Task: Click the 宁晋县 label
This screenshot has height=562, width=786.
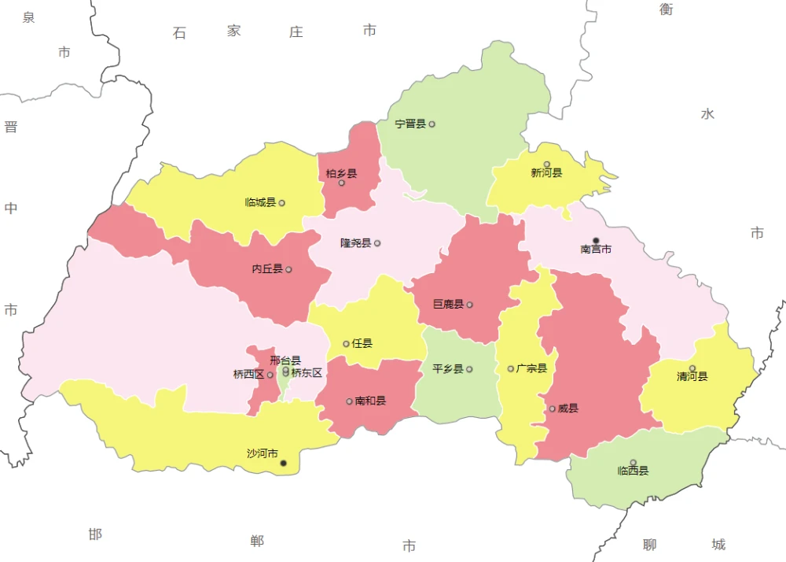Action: tap(410, 124)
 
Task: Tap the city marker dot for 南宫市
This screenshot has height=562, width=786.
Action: tap(596, 240)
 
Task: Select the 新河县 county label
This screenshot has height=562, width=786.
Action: tap(546, 173)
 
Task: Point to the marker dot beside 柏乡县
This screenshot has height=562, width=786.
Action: tap(341, 183)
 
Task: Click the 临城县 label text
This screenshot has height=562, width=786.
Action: tap(260, 203)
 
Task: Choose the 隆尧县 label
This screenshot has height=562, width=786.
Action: tap(355, 243)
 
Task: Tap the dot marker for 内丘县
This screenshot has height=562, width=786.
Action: tap(288, 269)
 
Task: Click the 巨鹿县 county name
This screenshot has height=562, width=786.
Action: tap(448, 305)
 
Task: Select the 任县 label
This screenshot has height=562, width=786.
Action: tap(362, 344)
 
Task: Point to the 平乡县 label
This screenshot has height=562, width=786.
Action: tap(447, 369)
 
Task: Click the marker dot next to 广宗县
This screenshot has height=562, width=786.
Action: tap(510, 368)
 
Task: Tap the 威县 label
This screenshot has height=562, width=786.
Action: tap(568, 409)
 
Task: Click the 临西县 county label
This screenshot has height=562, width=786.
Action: tap(633, 471)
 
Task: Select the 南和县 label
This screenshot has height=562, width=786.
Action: tap(370, 401)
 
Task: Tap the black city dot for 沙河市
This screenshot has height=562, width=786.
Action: tap(284, 464)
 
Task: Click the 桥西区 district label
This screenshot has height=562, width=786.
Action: tap(248, 375)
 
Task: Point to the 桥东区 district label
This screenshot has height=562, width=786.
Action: tap(307, 373)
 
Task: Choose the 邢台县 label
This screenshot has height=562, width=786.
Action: tap(285, 360)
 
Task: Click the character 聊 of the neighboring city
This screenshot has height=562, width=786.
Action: tap(649, 545)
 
